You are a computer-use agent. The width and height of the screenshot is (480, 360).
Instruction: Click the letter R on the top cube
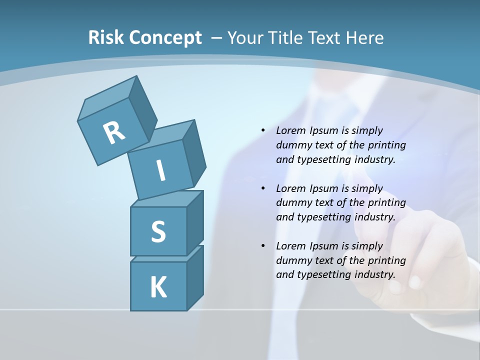[114, 132]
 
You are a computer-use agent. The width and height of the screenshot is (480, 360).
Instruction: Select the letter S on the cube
[158, 232]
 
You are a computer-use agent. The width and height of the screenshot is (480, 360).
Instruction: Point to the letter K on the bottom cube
[158, 287]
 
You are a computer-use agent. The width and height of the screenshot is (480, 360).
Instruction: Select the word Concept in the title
[165, 38]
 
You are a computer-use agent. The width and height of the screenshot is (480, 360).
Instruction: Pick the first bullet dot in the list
[262, 130]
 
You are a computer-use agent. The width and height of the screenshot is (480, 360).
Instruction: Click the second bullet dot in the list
[262, 188]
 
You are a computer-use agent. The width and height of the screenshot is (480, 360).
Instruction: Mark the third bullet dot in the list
[262, 246]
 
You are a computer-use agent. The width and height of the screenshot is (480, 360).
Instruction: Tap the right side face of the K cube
[195, 277]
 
